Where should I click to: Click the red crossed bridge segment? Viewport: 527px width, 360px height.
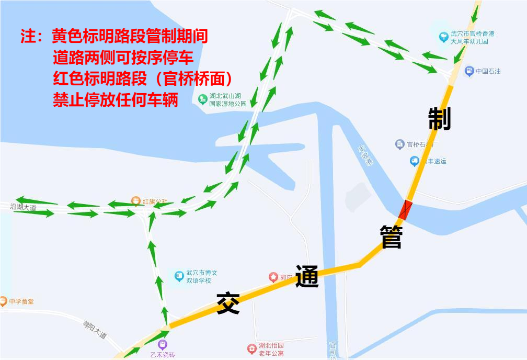pos(406,210)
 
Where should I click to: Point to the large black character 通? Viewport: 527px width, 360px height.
pos(307,276)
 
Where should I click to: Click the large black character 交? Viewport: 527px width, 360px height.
pos(228,303)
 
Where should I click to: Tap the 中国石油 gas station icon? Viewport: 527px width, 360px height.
pos(469,71)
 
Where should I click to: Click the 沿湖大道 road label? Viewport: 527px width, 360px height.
pos(23,208)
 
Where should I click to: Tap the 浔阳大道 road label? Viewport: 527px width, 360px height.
pos(95,330)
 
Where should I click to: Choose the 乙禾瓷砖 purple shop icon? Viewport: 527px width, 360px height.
pos(163,344)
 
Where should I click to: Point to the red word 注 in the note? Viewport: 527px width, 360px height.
pos(29,37)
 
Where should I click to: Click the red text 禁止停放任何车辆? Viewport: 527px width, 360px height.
pos(116,99)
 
